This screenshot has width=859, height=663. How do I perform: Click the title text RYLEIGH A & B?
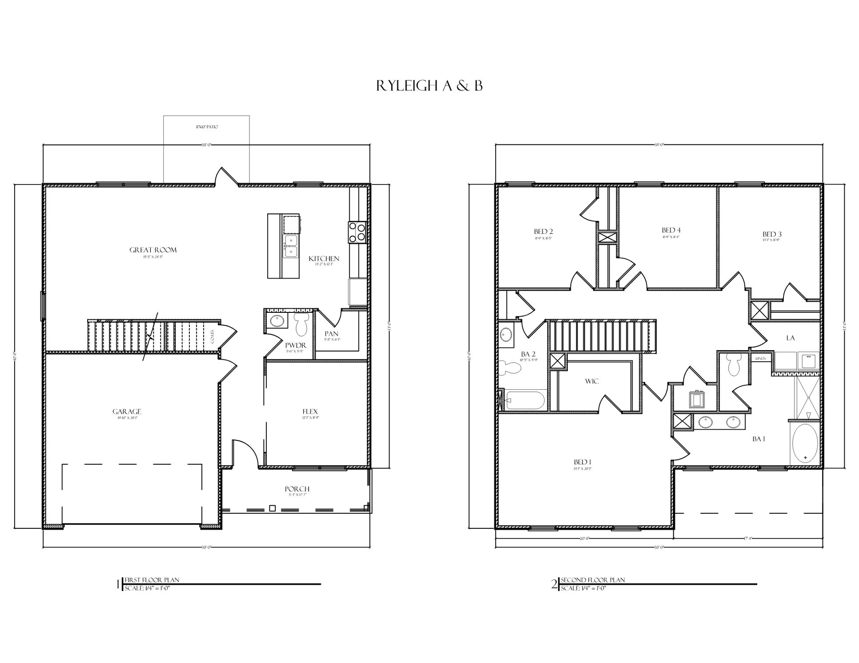[x=429, y=86]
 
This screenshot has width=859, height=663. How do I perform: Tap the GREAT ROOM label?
[x=153, y=250]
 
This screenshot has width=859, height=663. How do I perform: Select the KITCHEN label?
[x=324, y=259]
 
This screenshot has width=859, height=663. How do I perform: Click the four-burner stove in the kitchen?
[x=357, y=232]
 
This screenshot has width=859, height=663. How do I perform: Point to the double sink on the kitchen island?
[x=291, y=246]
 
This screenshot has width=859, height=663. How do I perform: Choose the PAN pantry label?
[x=332, y=334]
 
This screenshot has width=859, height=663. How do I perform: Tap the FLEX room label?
[x=310, y=411]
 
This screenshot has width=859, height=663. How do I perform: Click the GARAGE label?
[x=127, y=411]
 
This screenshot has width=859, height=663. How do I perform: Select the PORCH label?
[x=297, y=489]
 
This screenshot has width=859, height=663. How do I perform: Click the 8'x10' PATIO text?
[x=207, y=127]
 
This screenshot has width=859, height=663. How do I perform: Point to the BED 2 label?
[x=543, y=232]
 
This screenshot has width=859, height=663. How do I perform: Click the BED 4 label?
[x=671, y=230]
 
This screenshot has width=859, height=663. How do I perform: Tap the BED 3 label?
[x=772, y=234]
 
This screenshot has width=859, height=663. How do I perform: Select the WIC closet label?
[x=592, y=381]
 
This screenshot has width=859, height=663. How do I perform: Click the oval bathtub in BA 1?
[x=805, y=444]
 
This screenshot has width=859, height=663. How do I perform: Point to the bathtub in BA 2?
[x=525, y=400]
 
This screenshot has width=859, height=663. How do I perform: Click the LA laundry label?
[x=790, y=338]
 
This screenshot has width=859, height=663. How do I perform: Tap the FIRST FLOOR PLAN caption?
[x=152, y=580]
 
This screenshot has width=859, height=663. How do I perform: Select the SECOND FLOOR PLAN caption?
[x=592, y=580]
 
